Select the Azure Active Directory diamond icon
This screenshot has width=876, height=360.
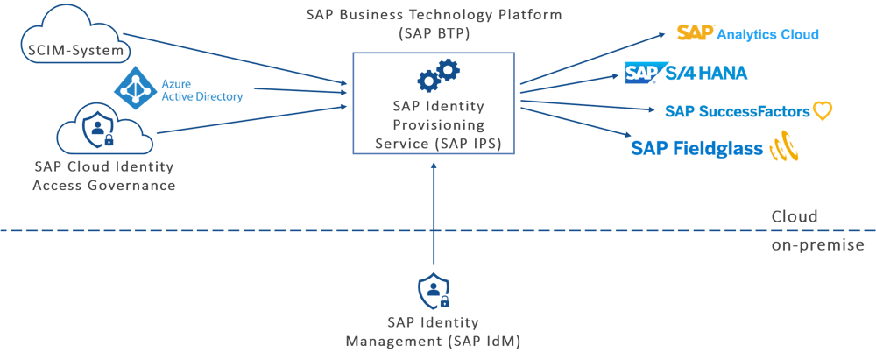click(135, 88)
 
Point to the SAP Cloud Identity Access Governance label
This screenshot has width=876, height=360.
click(103, 176)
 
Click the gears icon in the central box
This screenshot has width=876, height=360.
click(437, 75)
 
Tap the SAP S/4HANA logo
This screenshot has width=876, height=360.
click(686, 73)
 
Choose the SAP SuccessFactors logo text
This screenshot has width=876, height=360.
click(735, 111)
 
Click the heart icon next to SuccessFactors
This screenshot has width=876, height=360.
click(821, 111)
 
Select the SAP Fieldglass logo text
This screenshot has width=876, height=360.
click(696, 149)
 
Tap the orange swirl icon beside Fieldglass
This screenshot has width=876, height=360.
click(782, 149)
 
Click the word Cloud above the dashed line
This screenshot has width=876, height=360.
click(794, 216)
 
